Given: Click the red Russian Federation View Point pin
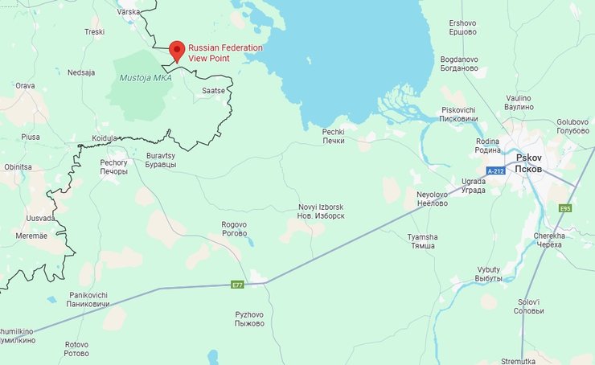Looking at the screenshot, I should tap(177, 50).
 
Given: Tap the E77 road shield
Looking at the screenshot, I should tap(237, 285).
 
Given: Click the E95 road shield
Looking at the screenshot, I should tap(564, 208).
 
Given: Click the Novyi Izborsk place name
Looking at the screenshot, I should tap(321, 212).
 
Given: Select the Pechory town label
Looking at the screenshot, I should tap(113, 166).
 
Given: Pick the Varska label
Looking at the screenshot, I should tap(129, 12).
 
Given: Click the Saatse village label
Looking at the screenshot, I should tap(213, 91).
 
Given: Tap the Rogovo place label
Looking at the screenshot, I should tap(234, 229).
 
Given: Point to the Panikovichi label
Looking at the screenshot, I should tap(88, 300).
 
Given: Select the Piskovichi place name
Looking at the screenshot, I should tap(458, 114).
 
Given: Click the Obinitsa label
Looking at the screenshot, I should tap(18, 166).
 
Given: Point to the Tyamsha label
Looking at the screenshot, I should tap(422, 240).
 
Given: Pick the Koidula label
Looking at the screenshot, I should tap(105, 138).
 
